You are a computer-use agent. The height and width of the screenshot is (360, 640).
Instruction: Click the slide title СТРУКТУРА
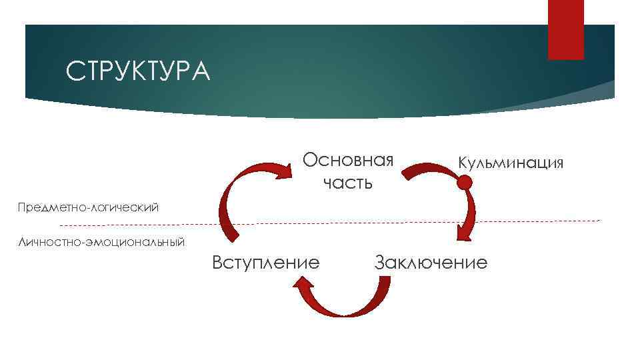[138, 71]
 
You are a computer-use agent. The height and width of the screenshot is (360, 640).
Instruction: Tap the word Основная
[348, 161]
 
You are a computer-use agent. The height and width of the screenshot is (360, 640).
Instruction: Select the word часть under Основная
[348, 182]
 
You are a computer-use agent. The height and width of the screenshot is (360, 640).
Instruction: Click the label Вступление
[265, 262]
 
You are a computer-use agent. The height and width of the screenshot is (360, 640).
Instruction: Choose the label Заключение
[431, 262]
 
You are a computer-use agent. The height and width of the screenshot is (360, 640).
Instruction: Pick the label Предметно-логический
[88, 207]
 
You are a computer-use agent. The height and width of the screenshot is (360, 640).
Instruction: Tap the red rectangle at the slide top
[565, 29]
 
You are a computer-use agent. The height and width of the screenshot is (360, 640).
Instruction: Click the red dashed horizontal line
[400, 221]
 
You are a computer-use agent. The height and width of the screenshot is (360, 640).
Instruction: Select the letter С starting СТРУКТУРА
[73, 71]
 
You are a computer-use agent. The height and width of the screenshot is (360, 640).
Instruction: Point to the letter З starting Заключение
[380, 262]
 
